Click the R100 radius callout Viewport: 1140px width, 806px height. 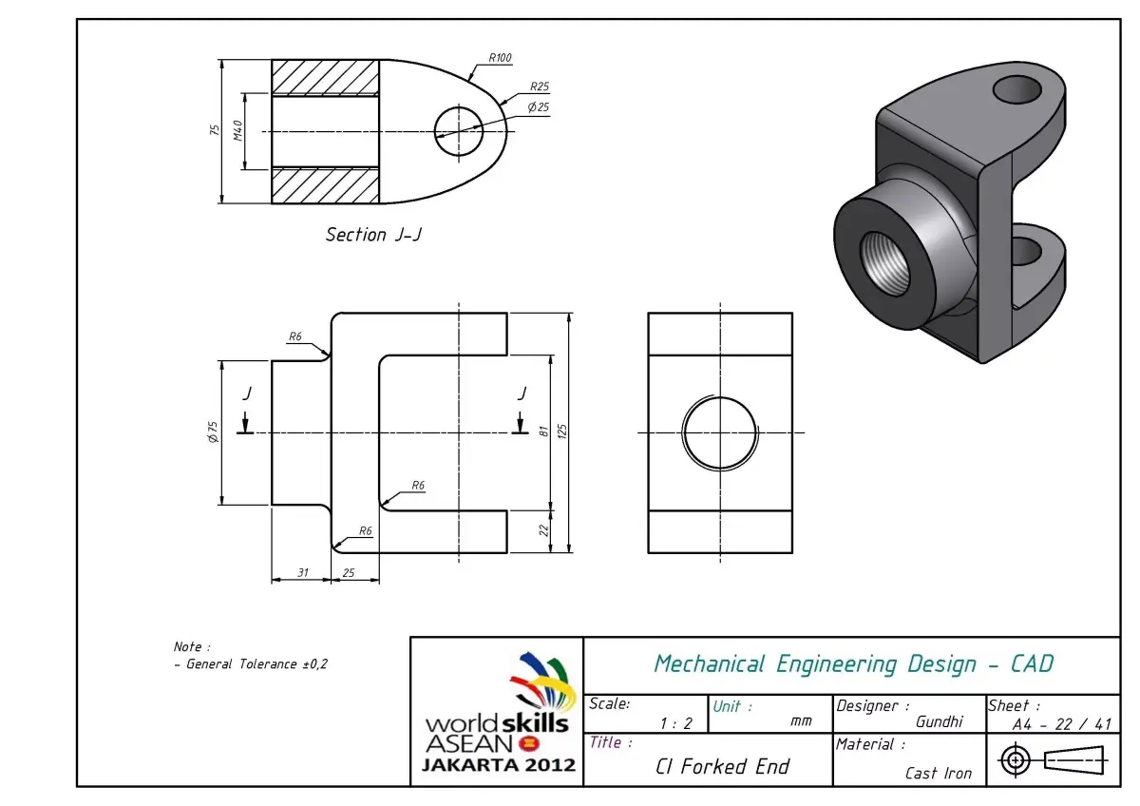500,58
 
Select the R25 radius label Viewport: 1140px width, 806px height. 540,86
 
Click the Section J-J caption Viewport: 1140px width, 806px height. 372,235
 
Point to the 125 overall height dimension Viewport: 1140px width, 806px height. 561,432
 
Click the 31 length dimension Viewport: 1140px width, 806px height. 302,572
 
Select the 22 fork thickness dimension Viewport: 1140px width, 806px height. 543,530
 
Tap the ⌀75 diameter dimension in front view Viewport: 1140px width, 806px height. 214,432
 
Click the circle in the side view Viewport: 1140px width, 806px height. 721,432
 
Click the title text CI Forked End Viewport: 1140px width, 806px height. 722,767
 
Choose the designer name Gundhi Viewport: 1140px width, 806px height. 939,721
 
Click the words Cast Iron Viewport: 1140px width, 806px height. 939,773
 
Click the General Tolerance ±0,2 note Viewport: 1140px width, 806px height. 251,664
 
